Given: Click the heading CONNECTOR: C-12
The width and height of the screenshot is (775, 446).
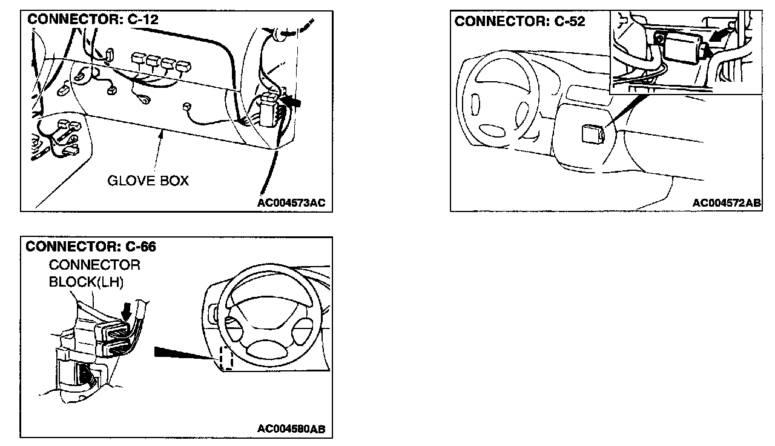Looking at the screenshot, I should [93, 20].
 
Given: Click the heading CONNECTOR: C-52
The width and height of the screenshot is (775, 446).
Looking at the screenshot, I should [519, 21].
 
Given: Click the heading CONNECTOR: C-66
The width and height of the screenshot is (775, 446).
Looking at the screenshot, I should [91, 247].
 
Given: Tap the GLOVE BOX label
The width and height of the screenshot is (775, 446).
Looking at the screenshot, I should [148, 181].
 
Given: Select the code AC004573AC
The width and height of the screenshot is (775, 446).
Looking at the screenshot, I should [291, 203].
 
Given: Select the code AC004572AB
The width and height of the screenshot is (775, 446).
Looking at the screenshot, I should [727, 203].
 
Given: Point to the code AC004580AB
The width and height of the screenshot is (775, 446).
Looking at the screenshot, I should [291, 429].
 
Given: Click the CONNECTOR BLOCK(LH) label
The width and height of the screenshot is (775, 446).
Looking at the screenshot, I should [94, 274].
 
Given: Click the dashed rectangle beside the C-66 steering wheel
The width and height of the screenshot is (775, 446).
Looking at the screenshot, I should [225, 358].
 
